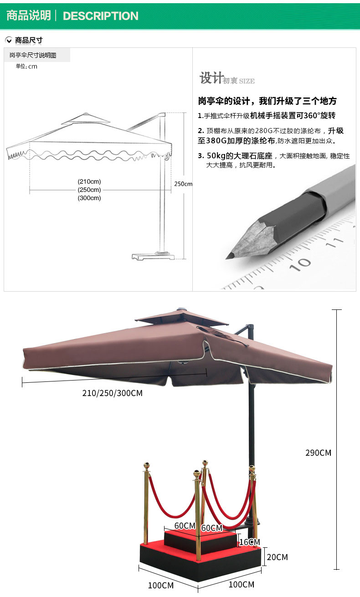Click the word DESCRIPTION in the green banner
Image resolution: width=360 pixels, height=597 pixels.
pos(100,16)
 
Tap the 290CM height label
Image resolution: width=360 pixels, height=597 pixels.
pos(318,453)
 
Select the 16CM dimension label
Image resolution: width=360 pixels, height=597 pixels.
pos(249,542)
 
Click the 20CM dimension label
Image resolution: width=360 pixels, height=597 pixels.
pos(278,557)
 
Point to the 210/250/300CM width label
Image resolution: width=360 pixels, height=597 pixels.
pos(112,393)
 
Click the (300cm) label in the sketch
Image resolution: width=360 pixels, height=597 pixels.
pos(89,198)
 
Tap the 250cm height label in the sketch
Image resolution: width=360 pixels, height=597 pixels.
pos(183,184)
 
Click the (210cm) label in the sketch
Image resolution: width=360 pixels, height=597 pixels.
pos(89,181)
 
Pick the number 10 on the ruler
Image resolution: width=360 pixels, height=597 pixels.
pos(300,264)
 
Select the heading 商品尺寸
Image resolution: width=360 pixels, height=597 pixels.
pos(29,40)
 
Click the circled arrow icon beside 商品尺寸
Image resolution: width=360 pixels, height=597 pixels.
pos(9,40)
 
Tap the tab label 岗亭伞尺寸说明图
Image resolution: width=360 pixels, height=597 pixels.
pos(33,55)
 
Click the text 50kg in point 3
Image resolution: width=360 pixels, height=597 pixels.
pos(216,156)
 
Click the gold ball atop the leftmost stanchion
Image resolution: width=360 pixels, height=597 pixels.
pos(147,466)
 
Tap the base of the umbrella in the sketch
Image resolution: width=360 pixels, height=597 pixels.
pos(153,256)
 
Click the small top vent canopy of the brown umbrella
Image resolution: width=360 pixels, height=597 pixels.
pos(182,317)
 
